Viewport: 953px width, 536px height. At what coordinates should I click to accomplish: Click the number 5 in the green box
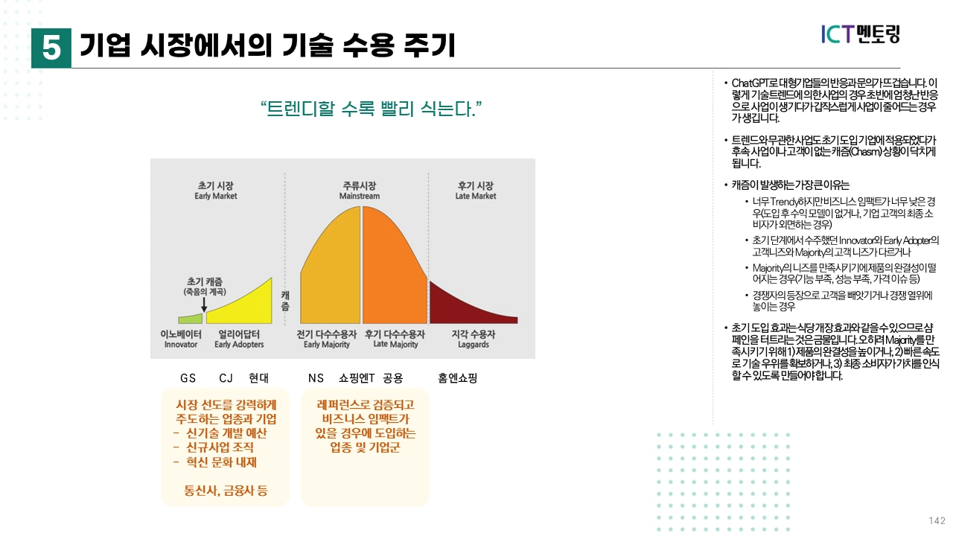51,48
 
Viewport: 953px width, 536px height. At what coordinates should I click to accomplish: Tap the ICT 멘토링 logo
860,33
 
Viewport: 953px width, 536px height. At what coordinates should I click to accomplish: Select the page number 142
937,520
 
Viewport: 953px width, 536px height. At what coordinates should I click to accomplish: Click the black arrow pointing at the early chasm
203,304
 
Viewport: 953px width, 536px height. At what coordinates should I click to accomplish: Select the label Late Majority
395,345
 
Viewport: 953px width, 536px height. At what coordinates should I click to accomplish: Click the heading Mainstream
360,197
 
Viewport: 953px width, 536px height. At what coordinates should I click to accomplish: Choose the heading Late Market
476,197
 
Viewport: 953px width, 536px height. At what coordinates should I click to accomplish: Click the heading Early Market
216,197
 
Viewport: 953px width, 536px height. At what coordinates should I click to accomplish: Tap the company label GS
188,378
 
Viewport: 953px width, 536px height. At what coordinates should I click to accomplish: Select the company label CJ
226,378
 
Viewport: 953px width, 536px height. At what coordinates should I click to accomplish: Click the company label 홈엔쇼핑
457,378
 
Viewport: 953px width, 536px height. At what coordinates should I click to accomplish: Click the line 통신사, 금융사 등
226,491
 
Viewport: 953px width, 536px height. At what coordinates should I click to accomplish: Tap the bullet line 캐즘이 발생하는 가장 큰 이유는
790,185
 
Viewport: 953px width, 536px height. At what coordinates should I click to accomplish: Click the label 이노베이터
181,335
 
